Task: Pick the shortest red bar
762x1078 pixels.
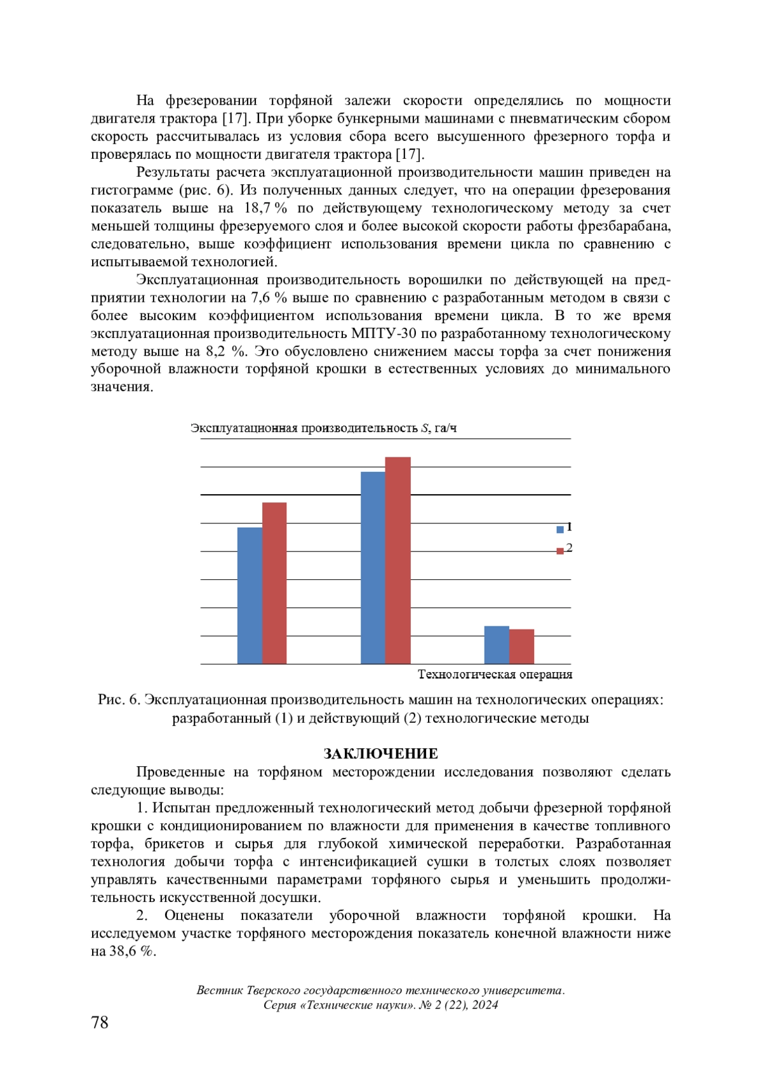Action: coord(521,647)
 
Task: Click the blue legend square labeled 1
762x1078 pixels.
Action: coord(560,529)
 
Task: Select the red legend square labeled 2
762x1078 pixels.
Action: coord(560,550)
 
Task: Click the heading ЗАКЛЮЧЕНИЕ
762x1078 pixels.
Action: coord(380,753)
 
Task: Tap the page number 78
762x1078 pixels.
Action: coord(100,1022)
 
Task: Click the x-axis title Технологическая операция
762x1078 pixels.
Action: coord(495,674)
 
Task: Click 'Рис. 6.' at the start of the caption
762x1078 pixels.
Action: coord(119,699)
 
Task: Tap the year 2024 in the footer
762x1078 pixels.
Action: coord(485,1004)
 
